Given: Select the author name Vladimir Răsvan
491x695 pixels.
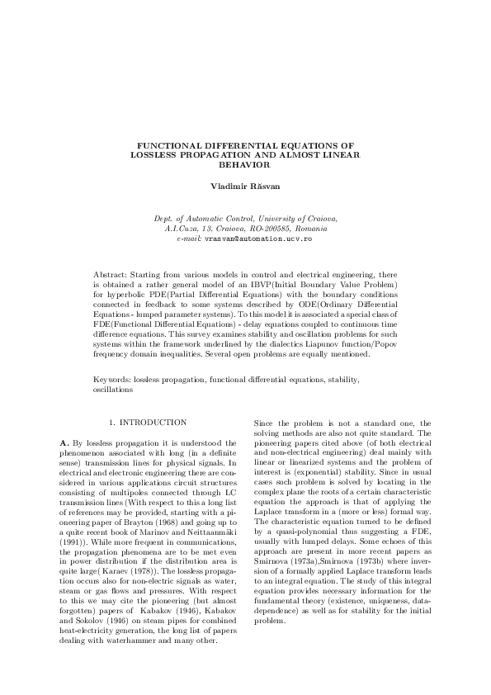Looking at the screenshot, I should [x=245, y=187].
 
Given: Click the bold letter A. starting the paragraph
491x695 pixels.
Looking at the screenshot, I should [x=65, y=444].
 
